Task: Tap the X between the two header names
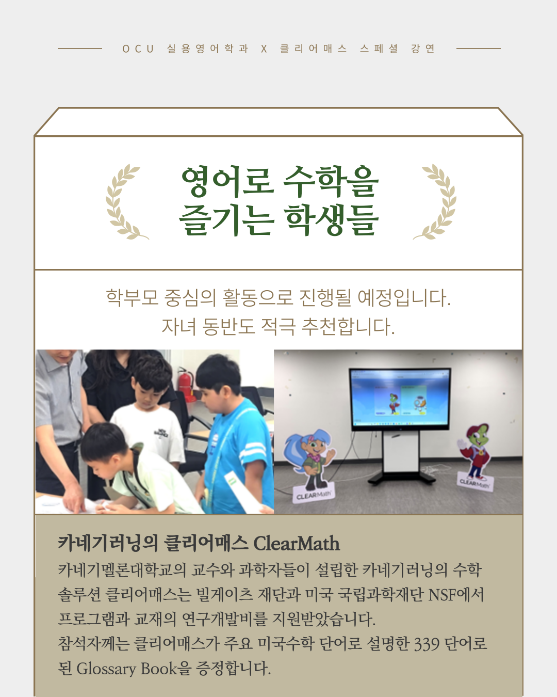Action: click(264, 49)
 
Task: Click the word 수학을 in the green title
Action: click(331, 182)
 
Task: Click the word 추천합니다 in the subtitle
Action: click(348, 326)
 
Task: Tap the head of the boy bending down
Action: click(103, 441)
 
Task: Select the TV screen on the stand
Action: click(400, 398)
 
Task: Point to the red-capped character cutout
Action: click(476, 449)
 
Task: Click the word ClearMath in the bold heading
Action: click(297, 544)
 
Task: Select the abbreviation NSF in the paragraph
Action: click(441, 595)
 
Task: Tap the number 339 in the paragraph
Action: click(427, 644)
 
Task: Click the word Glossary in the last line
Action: click(106, 669)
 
